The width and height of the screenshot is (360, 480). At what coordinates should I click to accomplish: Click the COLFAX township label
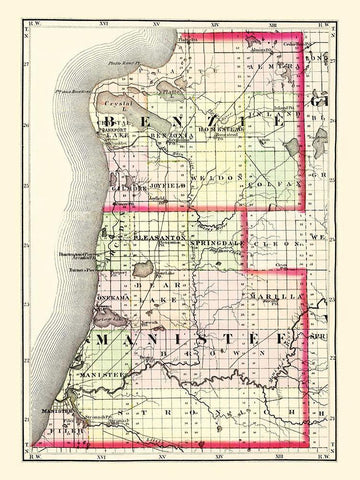(261, 181)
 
